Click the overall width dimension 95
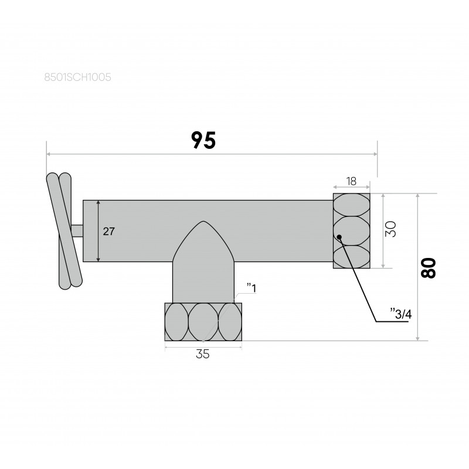coord(203,140)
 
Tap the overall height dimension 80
coord(429,268)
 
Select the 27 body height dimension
coord(108,231)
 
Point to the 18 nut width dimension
coord(351,181)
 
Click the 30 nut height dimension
coord(390,229)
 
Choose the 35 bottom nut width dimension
coord(203,354)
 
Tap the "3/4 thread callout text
coord(401,314)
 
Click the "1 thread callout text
coord(252,288)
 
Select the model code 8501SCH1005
coord(78,77)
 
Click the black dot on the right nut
coord(339,237)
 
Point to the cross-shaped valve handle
coord(64,231)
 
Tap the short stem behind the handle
coord(77,230)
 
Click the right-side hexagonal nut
coord(351,230)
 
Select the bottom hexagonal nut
coord(203,322)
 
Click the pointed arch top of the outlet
coord(203,222)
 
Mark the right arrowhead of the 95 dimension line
coord(375,154)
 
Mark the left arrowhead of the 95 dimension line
coord(49,154)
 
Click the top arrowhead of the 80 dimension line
coord(418,196)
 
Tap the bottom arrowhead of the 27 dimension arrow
coord(98,259)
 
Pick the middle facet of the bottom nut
coord(203,322)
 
